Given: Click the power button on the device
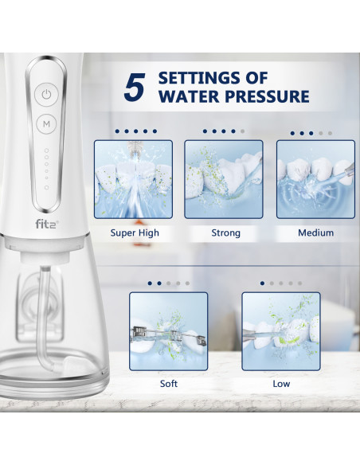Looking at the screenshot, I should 46,94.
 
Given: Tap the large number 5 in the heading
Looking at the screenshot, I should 135,88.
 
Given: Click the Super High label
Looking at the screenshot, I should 134,232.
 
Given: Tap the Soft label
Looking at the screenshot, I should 169,383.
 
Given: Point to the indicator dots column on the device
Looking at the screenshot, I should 46,168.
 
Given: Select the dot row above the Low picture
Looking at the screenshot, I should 280,282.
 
